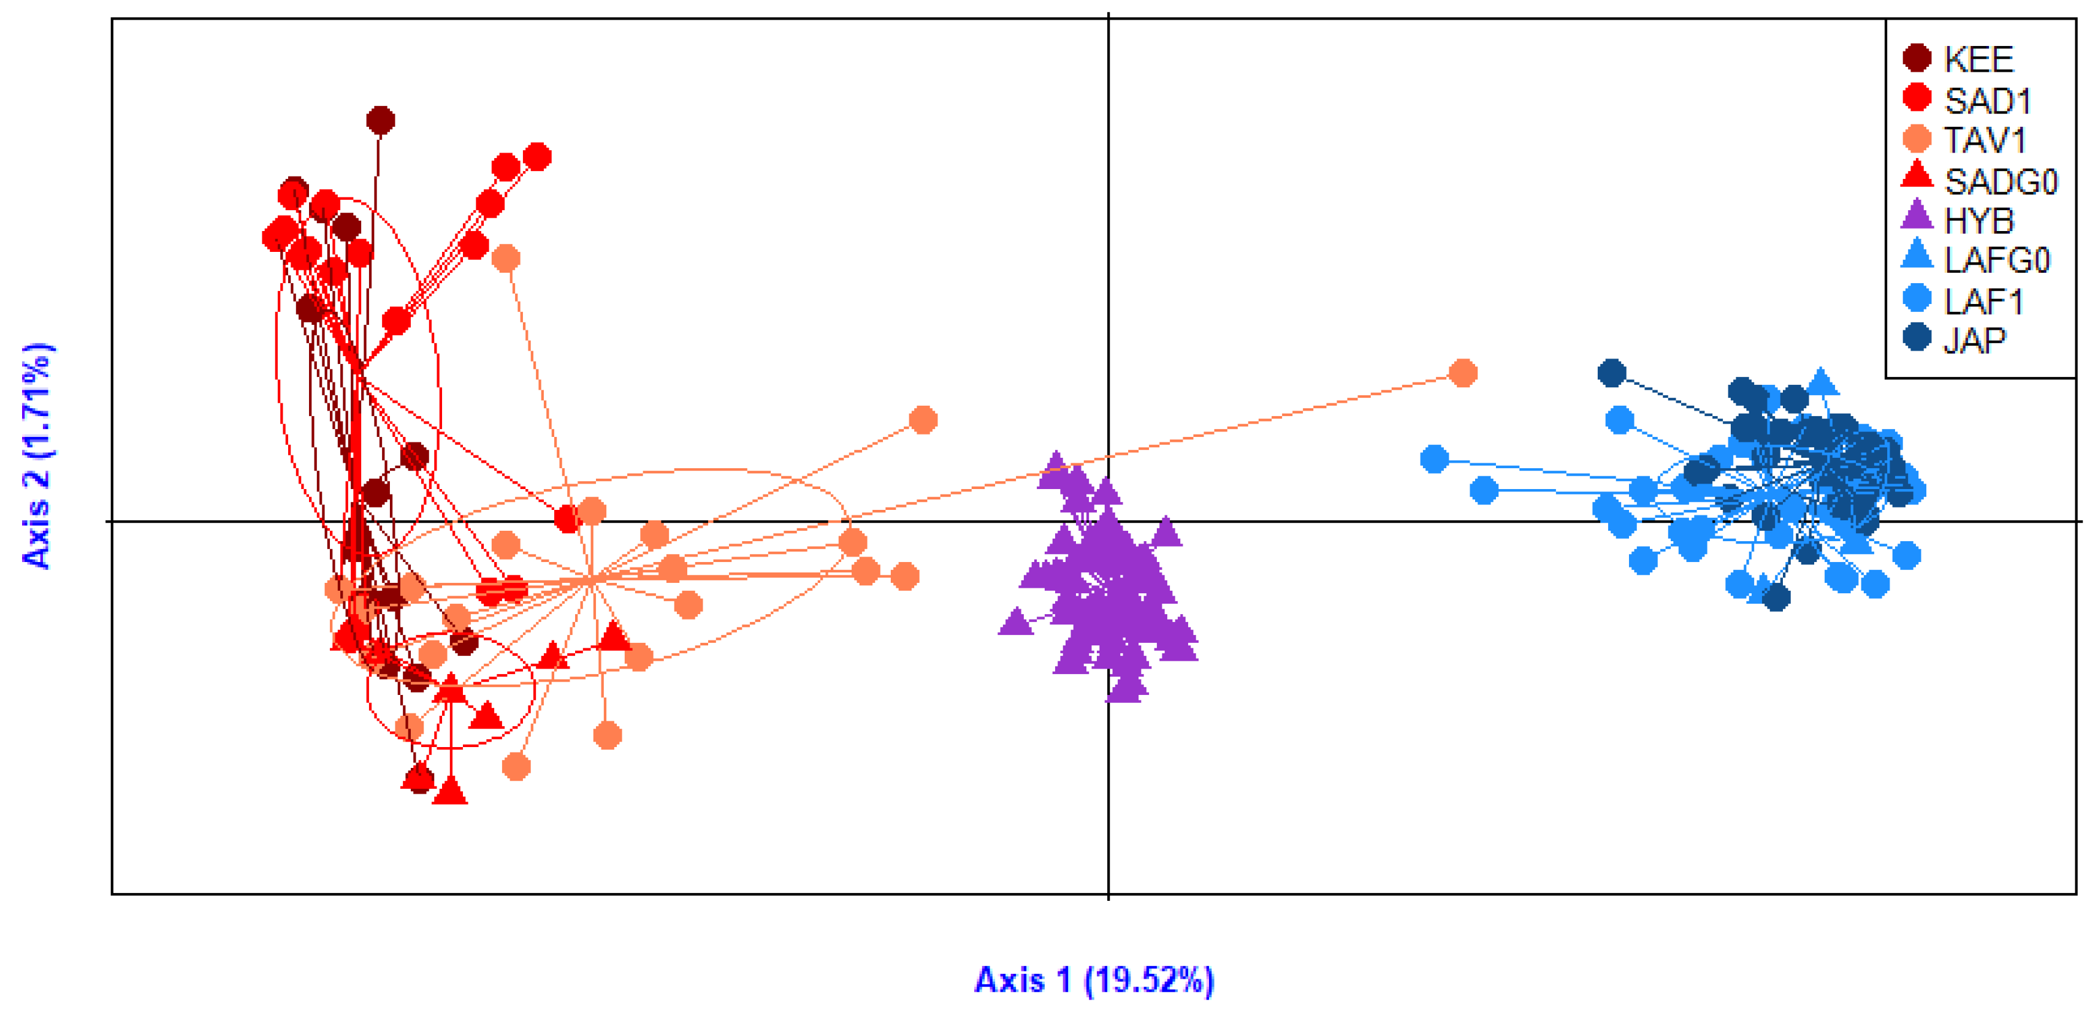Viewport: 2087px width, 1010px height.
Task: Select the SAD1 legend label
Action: (x=1987, y=101)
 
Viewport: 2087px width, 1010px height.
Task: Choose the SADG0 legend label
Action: (x=2001, y=181)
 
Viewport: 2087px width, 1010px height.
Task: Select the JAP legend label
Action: (x=1974, y=340)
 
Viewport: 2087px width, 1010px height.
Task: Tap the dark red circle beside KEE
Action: (x=1917, y=58)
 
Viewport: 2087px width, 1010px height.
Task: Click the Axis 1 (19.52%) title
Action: (x=1094, y=980)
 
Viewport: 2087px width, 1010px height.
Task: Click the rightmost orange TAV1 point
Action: (x=1462, y=373)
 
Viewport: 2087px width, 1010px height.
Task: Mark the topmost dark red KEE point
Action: (x=381, y=121)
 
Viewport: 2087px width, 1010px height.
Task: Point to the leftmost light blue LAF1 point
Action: (x=1435, y=459)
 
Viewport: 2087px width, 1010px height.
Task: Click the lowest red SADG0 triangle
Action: (x=451, y=791)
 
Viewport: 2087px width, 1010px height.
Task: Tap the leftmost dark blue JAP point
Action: (x=1611, y=373)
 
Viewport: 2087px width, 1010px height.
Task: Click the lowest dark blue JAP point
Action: (x=1776, y=598)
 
